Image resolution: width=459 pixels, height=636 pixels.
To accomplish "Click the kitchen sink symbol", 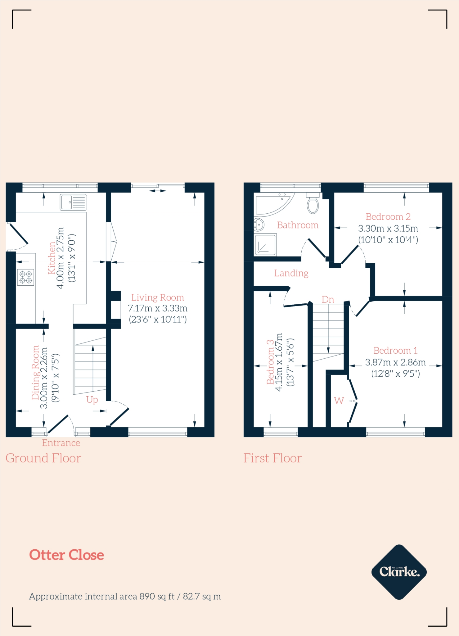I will pyautogui.click(x=73, y=202).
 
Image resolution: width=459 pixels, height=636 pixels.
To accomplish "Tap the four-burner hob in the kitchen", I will pyautogui.click(x=25, y=277).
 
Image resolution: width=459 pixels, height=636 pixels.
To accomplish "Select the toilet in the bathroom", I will pyautogui.click(x=313, y=205).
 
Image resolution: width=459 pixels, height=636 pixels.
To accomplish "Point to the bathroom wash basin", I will pyautogui.click(x=259, y=224).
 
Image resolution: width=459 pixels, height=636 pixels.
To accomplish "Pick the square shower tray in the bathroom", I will pyautogui.click(x=265, y=245).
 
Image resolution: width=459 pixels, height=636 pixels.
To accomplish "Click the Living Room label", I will pyautogui.click(x=157, y=298).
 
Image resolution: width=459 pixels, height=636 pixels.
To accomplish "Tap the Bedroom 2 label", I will pyautogui.click(x=388, y=216).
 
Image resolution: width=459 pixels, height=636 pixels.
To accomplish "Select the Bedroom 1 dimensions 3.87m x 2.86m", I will pyautogui.click(x=395, y=362).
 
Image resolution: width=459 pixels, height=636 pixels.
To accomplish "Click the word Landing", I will pyautogui.click(x=291, y=273).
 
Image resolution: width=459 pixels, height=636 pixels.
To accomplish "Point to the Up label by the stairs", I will pyautogui.click(x=92, y=399).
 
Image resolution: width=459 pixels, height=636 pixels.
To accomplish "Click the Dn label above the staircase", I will pyautogui.click(x=328, y=299).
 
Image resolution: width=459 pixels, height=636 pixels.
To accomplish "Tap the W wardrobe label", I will pyautogui.click(x=339, y=401).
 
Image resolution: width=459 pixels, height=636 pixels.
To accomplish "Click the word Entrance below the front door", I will pyautogui.click(x=61, y=443).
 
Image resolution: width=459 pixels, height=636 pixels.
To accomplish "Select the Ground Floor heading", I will pyautogui.click(x=43, y=458).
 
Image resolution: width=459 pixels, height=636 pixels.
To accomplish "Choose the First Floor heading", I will pyautogui.click(x=272, y=458).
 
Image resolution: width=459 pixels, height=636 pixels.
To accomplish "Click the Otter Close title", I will pyautogui.click(x=66, y=555).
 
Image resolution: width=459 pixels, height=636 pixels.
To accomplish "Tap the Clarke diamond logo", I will pyautogui.click(x=399, y=572).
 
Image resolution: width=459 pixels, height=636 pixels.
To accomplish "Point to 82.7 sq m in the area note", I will pyautogui.click(x=202, y=597).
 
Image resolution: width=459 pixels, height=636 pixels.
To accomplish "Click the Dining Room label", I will pyautogui.click(x=35, y=372).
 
